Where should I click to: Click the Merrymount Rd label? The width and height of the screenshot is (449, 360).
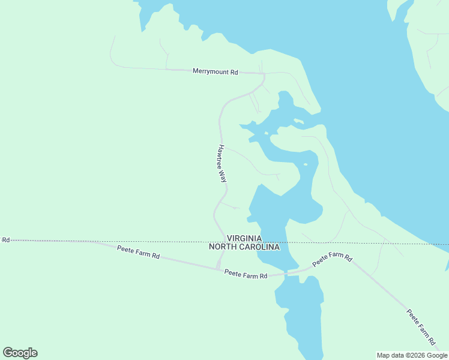(x=215, y=71)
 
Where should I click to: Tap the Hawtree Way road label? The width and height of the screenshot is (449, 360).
(x=221, y=163)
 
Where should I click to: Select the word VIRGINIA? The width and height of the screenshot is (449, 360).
(x=244, y=238)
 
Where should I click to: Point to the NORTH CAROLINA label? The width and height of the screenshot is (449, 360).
(x=244, y=247)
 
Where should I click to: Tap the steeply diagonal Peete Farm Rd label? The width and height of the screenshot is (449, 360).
(x=421, y=328)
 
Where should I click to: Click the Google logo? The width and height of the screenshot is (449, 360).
(x=20, y=353)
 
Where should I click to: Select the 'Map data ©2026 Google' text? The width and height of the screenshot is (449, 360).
(x=411, y=355)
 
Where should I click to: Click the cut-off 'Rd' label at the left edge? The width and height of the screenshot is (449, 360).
(x=5, y=240)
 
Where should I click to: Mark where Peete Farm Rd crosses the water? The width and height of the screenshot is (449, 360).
(x=286, y=273)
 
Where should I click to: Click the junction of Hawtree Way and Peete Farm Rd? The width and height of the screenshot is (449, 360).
(x=219, y=268)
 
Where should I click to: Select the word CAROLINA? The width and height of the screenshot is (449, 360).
(x=261, y=247)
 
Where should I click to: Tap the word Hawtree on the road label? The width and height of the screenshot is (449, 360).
(x=221, y=157)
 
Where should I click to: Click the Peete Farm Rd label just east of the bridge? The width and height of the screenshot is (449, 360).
(x=332, y=259)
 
